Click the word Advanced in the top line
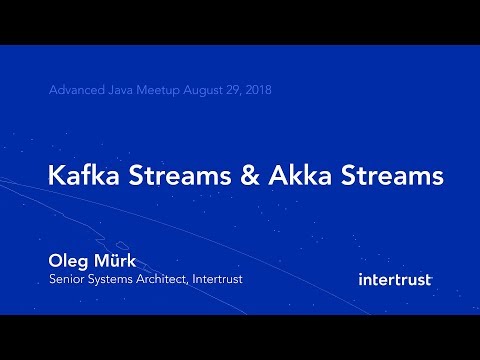(75, 91)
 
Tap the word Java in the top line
(121, 91)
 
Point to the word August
(205, 91)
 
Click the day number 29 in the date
(237, 91)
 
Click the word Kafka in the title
(84, 176)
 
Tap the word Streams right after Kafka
(179, 176)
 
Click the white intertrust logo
(394, 279)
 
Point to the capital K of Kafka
(56, 176)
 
